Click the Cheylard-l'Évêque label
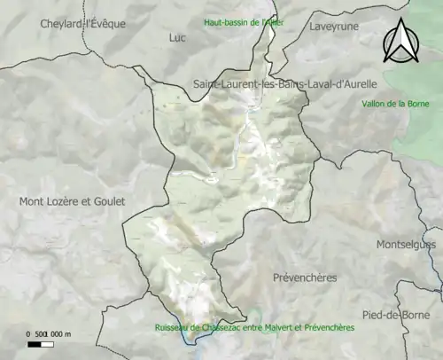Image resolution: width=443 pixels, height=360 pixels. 82,24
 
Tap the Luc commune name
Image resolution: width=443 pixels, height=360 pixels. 177,38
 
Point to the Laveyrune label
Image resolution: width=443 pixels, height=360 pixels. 334,27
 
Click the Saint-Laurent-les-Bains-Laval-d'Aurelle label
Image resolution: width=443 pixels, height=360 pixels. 284,83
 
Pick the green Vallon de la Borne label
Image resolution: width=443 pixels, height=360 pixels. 396,104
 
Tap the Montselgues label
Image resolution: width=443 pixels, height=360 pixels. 407,244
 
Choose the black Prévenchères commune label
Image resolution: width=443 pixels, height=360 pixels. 305,278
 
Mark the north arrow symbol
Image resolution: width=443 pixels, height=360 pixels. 400,43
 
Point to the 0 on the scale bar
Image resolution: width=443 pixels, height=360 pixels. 28,334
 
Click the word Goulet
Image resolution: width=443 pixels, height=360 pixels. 107,201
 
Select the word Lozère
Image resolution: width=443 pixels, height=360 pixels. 63,201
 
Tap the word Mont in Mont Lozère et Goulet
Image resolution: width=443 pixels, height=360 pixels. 33,201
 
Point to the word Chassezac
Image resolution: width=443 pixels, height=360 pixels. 217,327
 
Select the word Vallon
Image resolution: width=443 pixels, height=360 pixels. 376,104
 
